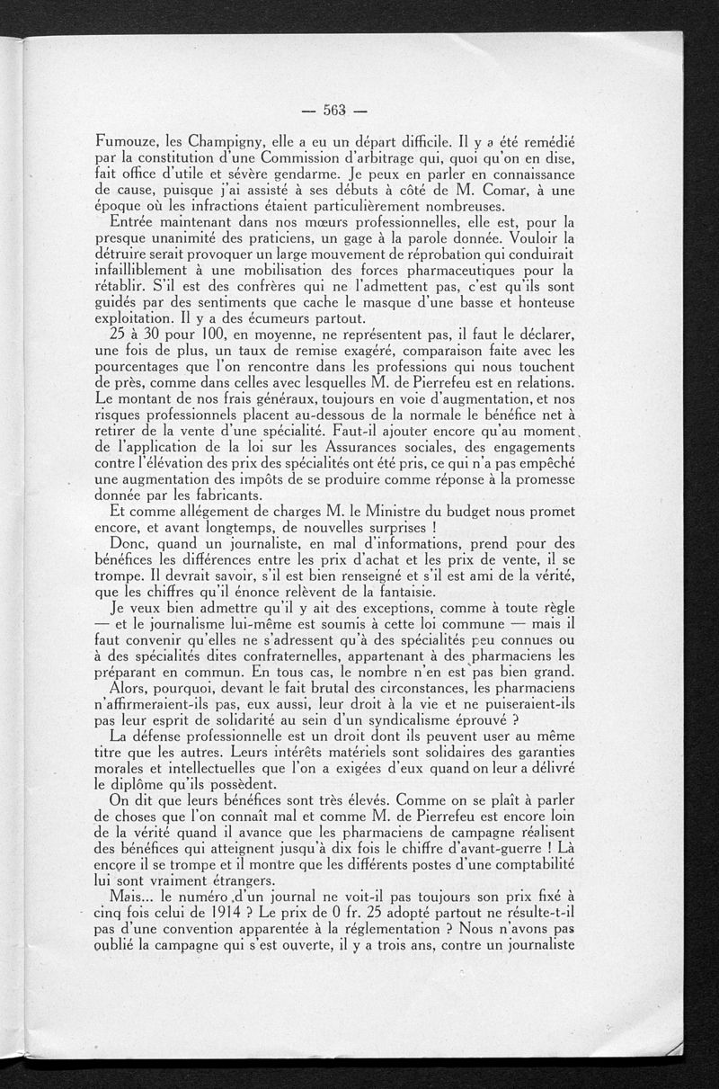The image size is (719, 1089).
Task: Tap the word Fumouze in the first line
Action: [x=129, y=142]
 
